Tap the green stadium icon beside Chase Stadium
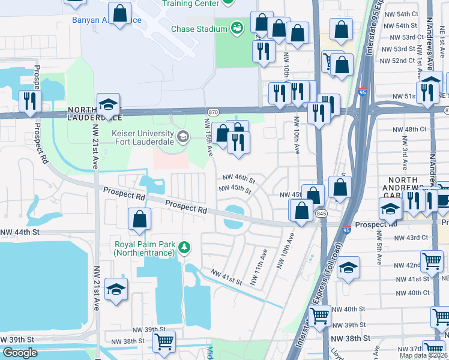click(x=237, y=28)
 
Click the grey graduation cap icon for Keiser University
click(x=182, y=137)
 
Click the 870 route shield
click(x=212, y=112)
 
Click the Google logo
click(x=19, y=353)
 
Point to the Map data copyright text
click(x=424, y=355)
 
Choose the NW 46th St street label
click(x=239, y=178)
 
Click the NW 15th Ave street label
click(x=209, y=137)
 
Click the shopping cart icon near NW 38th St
click(x=163, y=342)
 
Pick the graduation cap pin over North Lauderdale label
click(x=108, y=105)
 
